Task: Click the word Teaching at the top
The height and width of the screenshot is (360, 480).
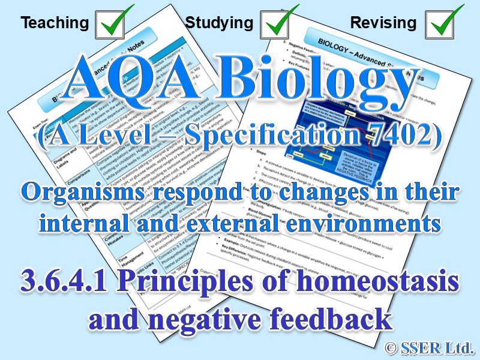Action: [x=54, y=23]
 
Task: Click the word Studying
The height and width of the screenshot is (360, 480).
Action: [x=219, y=23]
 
